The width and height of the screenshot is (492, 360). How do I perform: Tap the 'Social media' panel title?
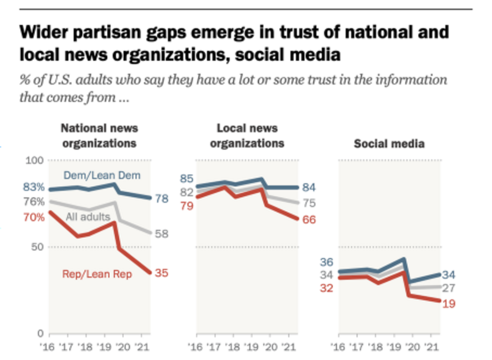pos(389,143)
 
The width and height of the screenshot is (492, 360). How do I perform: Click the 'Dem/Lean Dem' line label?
pos(95,176)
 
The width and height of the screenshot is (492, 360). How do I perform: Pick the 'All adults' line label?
pos(88,217)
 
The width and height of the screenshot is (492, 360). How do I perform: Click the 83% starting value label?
pos(33,187)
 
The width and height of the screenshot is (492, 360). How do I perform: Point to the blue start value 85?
pos(187,178)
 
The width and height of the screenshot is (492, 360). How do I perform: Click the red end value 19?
pos(449,304)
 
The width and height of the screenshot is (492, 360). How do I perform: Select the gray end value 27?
pos(449,288)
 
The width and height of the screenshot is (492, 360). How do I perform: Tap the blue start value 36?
pos(326,262)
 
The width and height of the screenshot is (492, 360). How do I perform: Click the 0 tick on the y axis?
pos(40,334)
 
